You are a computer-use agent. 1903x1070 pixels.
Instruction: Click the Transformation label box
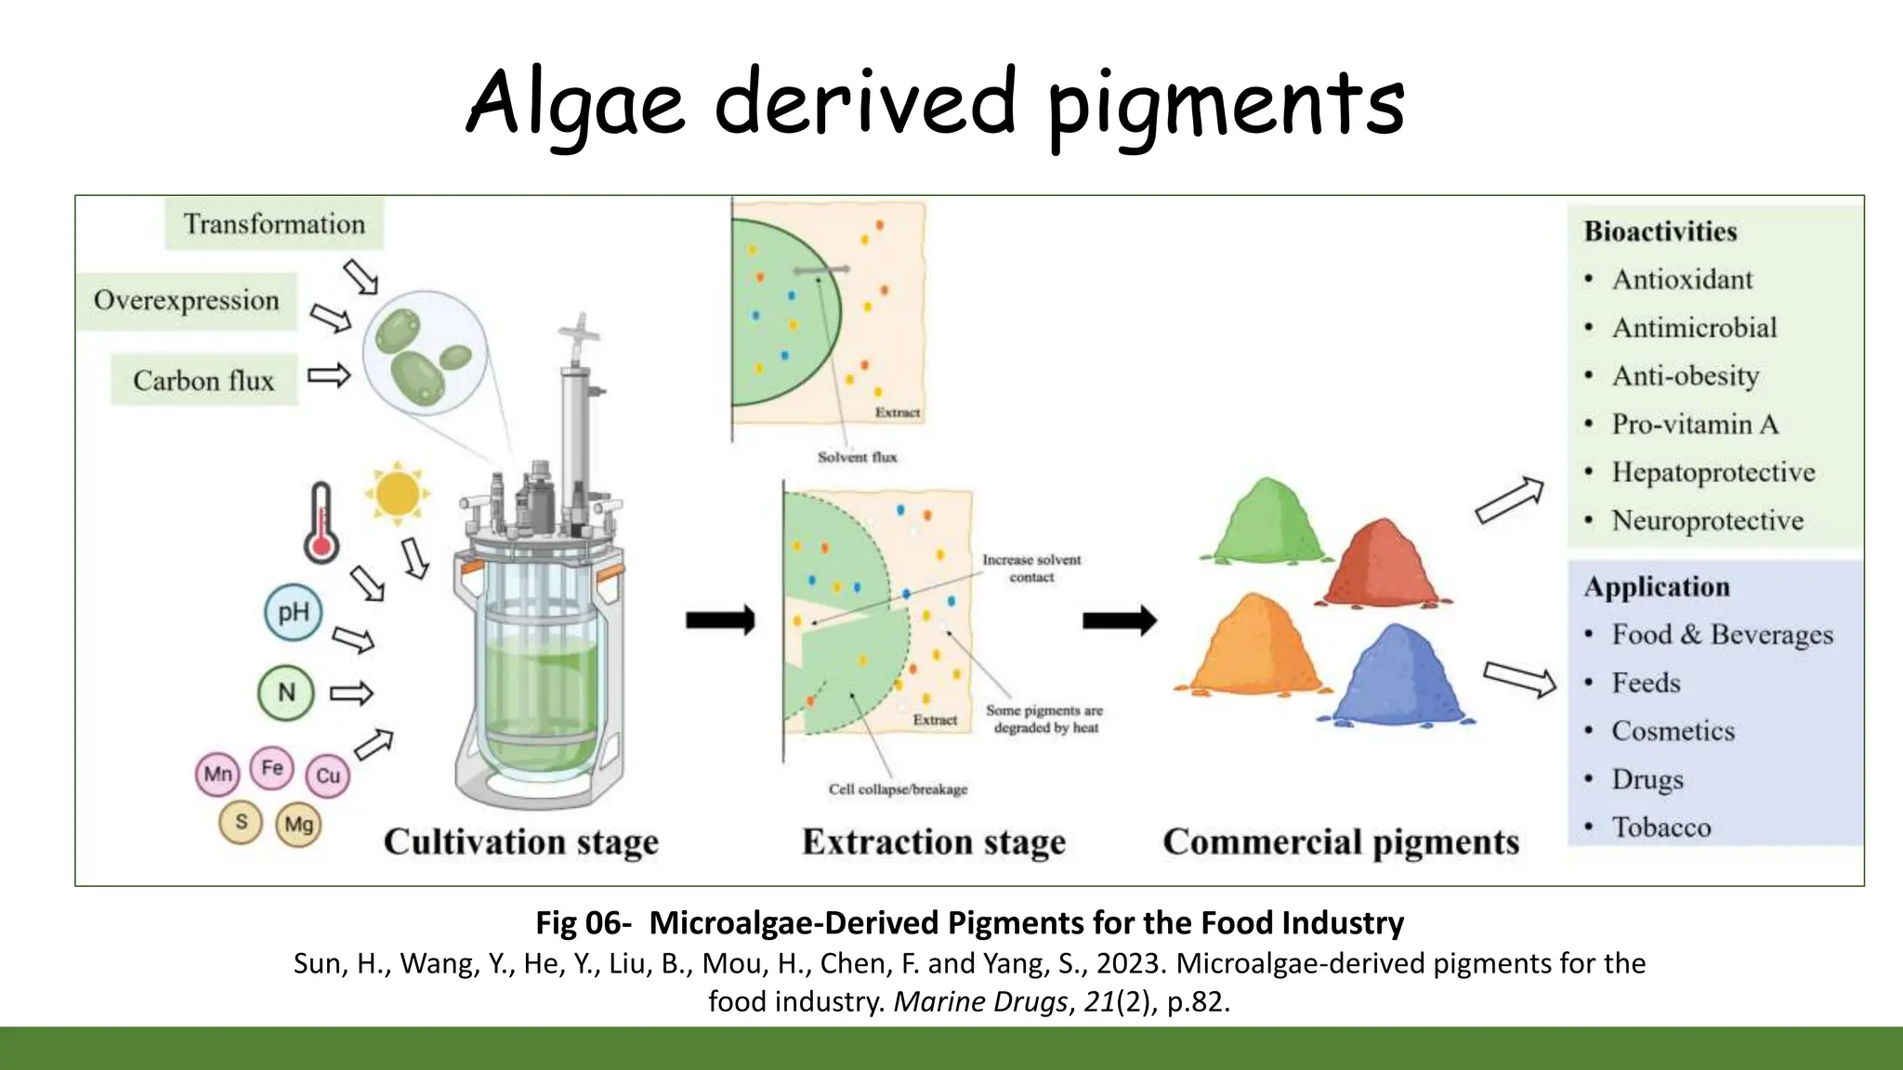[x=274, y=224]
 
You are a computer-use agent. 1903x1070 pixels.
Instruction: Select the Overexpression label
[x=187, y=301]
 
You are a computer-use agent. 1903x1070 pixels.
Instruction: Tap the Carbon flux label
[x=203, y=380]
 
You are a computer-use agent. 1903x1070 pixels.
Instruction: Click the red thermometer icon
[x=322, y=522]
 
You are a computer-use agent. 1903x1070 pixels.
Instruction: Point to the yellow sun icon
[x=398, y=493]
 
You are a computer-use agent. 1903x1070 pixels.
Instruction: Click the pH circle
[x=294, y=612]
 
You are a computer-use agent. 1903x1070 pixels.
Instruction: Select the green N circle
[x=286, y=692]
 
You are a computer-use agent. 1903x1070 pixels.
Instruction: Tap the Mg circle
[x=299, y=824]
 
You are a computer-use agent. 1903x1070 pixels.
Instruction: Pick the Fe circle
[x=272, y=768]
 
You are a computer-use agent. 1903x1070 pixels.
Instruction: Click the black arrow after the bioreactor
[x=720, y=620]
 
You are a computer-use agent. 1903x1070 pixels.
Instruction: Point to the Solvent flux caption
[x=857, y=457]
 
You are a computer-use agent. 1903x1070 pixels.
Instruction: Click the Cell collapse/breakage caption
[x=898, y=789]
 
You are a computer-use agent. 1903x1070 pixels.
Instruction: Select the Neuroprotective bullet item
[x=1707, y=520]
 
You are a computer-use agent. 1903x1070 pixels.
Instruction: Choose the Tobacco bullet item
[x=1660, y=827]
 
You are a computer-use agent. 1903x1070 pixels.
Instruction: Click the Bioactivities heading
[x=1660, y=231]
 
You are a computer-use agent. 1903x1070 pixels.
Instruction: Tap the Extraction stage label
[x=934, y=842]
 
